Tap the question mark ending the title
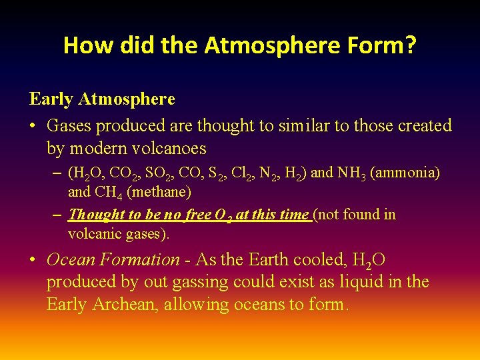[x=409, y=45]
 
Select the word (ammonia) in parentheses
[x=405, y=173]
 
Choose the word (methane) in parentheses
[x=160, y=193]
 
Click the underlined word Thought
[x=97, y=215]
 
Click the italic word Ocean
[x=72, y=259]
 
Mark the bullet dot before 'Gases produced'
[x=33, y=126]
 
